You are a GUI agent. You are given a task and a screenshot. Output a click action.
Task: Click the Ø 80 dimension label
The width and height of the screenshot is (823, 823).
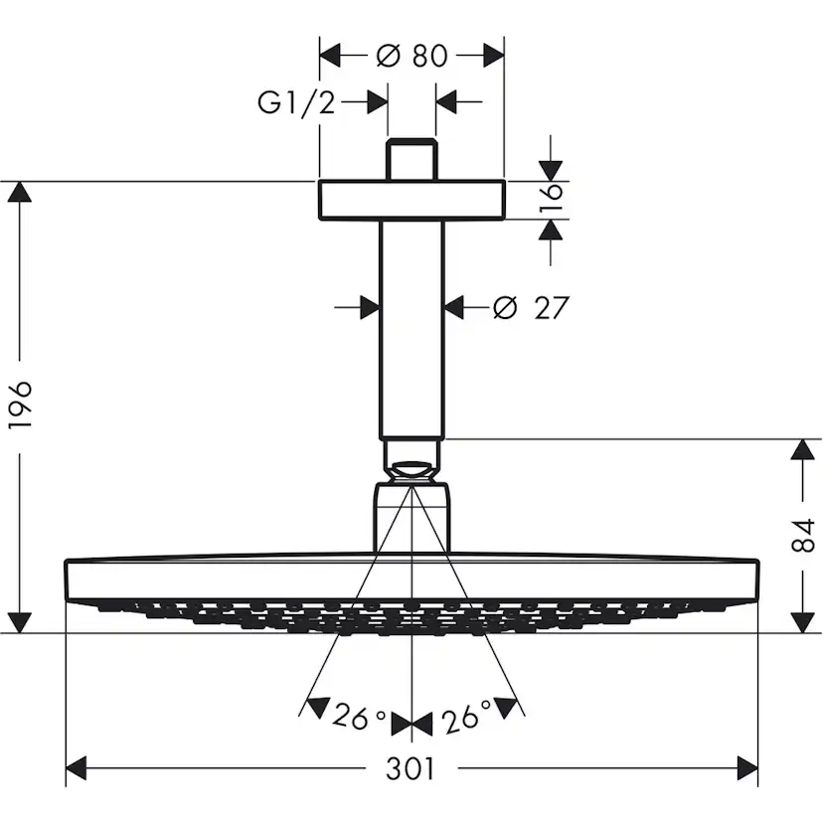point(412,55)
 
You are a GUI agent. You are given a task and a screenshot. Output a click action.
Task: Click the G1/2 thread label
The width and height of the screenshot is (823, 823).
point(296,101)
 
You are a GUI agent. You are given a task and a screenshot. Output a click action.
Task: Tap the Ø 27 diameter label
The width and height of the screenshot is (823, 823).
point(532,308)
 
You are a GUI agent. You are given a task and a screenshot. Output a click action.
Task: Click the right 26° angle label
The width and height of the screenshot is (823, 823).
point(465,716)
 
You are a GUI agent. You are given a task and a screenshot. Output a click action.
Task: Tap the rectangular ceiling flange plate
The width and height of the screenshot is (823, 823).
point(411,200)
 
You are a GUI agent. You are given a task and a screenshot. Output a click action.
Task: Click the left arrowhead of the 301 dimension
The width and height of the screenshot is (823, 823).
point(78,768)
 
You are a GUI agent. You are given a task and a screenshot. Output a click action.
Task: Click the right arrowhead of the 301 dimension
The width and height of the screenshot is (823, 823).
point(746,768)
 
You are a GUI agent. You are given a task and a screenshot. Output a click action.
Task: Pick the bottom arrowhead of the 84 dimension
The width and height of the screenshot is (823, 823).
point(803,621)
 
